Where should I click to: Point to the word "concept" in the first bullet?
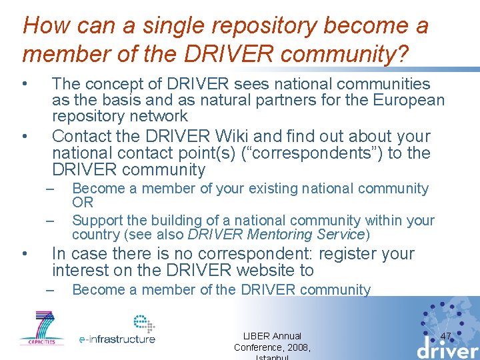123,84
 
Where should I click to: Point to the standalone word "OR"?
83,203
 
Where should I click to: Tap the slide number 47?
446,336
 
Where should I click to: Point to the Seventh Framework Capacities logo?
41,328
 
